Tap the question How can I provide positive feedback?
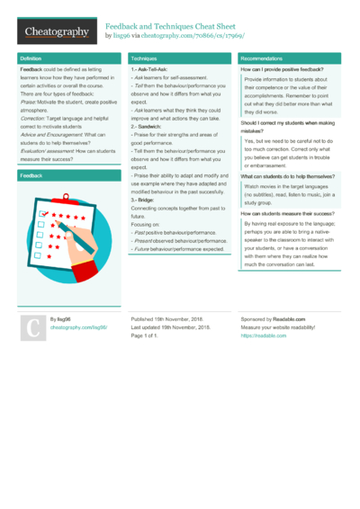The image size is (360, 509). pyautogui.click(x=282, y=69)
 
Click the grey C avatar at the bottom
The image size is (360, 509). pyautogui.click(x=33, y=328)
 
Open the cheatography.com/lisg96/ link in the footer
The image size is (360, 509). pyautogui.click(x=78, y=328)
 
